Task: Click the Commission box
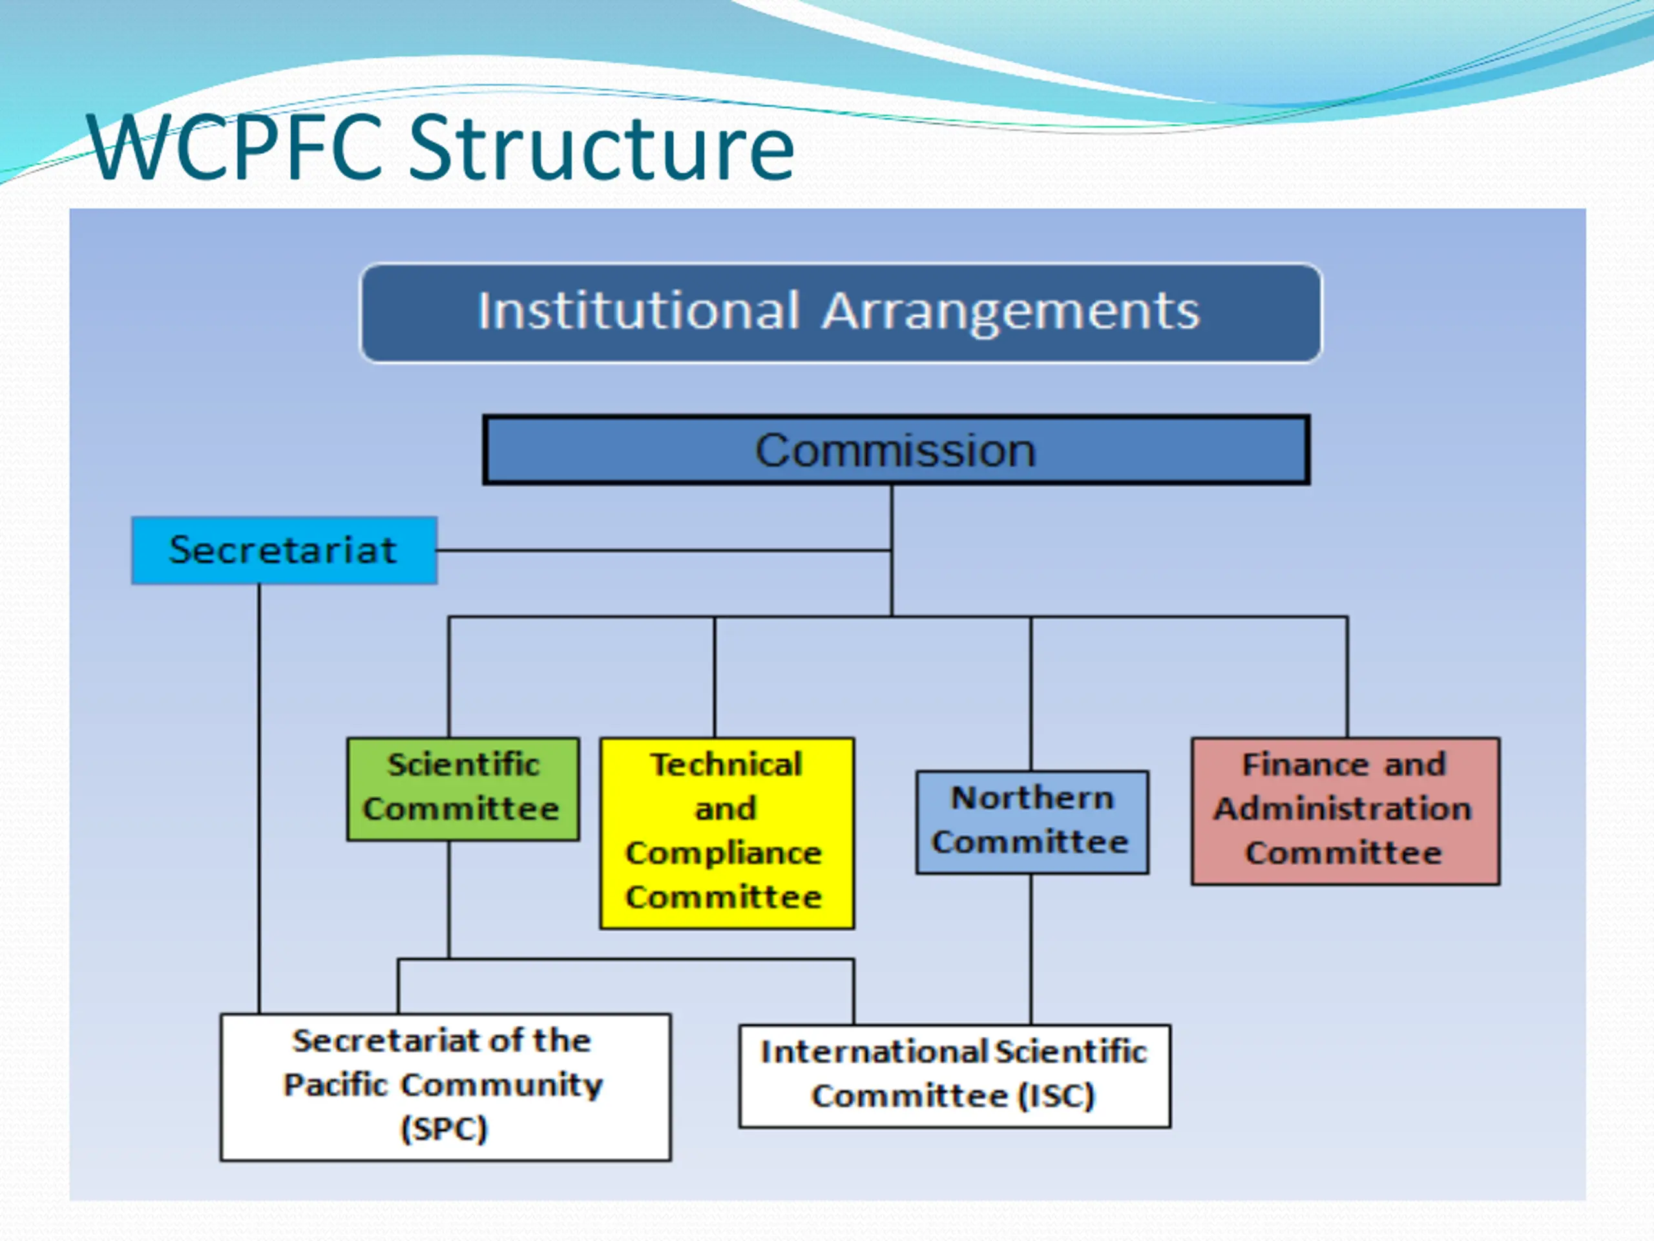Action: [x=895, y=451]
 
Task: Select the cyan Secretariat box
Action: [x=284, y=550]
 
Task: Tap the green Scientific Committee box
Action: [x=463, y=789]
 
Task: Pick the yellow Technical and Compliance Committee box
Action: [x=727, y=833]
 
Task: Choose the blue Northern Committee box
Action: [x=1032, y=822]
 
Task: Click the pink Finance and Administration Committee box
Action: [x=1345, y=810]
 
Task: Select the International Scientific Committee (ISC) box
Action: [x=954, y=1075]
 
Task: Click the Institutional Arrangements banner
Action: [x=841, y=312]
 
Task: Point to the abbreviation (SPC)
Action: [x=444, y=1129]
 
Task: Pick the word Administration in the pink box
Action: [x=1343, y=809]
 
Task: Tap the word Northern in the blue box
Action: [x=1032, y=798]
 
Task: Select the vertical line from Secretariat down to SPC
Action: [x=260, y=793]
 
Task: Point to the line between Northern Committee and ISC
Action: [x=1031, y=948]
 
